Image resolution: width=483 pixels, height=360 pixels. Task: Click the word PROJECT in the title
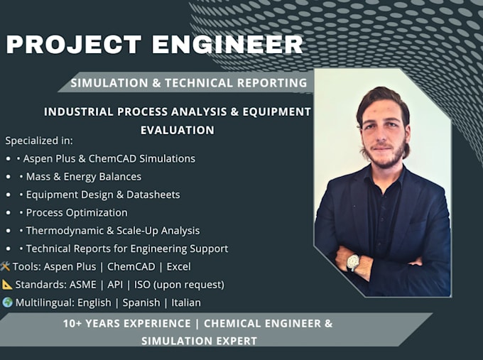pyautogui.click(x=74, y=44)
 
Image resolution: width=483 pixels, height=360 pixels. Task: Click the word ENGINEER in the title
pyautogui.click(x=227, y=44)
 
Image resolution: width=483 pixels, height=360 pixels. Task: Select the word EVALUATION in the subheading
pyautogui.click(x=178, y=130)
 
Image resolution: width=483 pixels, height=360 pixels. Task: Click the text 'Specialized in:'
pyautogui.click(x=39, y=141)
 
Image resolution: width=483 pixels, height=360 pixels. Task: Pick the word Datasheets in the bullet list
pyautogui.click(x=153, y=195)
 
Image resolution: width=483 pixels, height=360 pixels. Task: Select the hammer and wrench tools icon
pyautogui.click(x=5, y=266)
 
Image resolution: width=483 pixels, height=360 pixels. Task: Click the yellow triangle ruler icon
pyautogui.click(x=7, y=284)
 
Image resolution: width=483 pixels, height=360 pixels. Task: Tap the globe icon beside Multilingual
pyautogui.click(x=7, y=302)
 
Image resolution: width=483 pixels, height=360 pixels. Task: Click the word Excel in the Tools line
pyautogui.click(x=179, y=267)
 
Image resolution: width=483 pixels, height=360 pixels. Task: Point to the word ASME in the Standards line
pyautogui.click(x=83, y=285)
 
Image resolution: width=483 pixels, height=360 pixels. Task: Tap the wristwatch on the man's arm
pyautogui.click(x=353, y=263)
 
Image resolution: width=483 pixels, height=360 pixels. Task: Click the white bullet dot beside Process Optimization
pyautogui.click(x=9, y=213)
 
